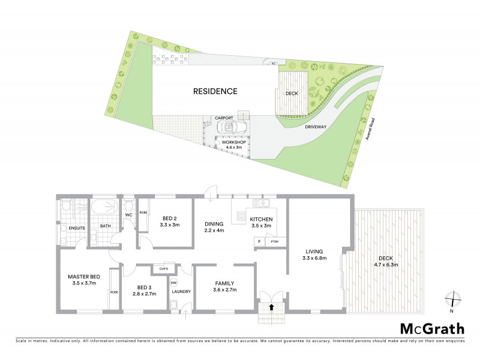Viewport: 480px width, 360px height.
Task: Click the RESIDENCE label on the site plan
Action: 215,92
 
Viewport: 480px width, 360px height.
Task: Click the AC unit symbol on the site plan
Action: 274,63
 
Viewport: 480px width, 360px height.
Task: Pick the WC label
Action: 128,215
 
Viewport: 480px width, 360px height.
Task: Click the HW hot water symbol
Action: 173,283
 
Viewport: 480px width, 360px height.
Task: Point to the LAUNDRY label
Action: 181,292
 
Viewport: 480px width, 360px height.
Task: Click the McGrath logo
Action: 432,328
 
